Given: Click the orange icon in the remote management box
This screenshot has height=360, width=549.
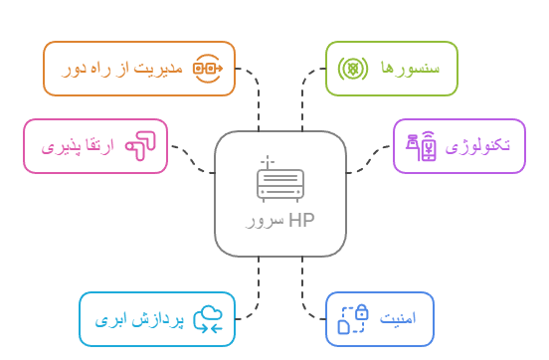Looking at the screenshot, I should pyautogui.click(x=206, y=69).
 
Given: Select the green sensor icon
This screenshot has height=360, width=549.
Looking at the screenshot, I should pyautogui.click(x=350, y=69).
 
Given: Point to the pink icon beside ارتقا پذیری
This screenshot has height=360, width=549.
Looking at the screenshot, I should pyautogui.click(x=142, y=146).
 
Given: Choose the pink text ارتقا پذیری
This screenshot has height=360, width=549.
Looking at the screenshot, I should pyautogui.click(x=79, y=147).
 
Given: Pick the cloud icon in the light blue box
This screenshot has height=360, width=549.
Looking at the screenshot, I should pyautogui.click(x=209, y=319).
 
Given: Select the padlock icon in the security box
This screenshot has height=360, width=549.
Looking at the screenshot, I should pyautogui.click(x=355, y=318).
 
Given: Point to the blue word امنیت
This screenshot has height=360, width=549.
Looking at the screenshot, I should pyautogui.click(x=404, y=320).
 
